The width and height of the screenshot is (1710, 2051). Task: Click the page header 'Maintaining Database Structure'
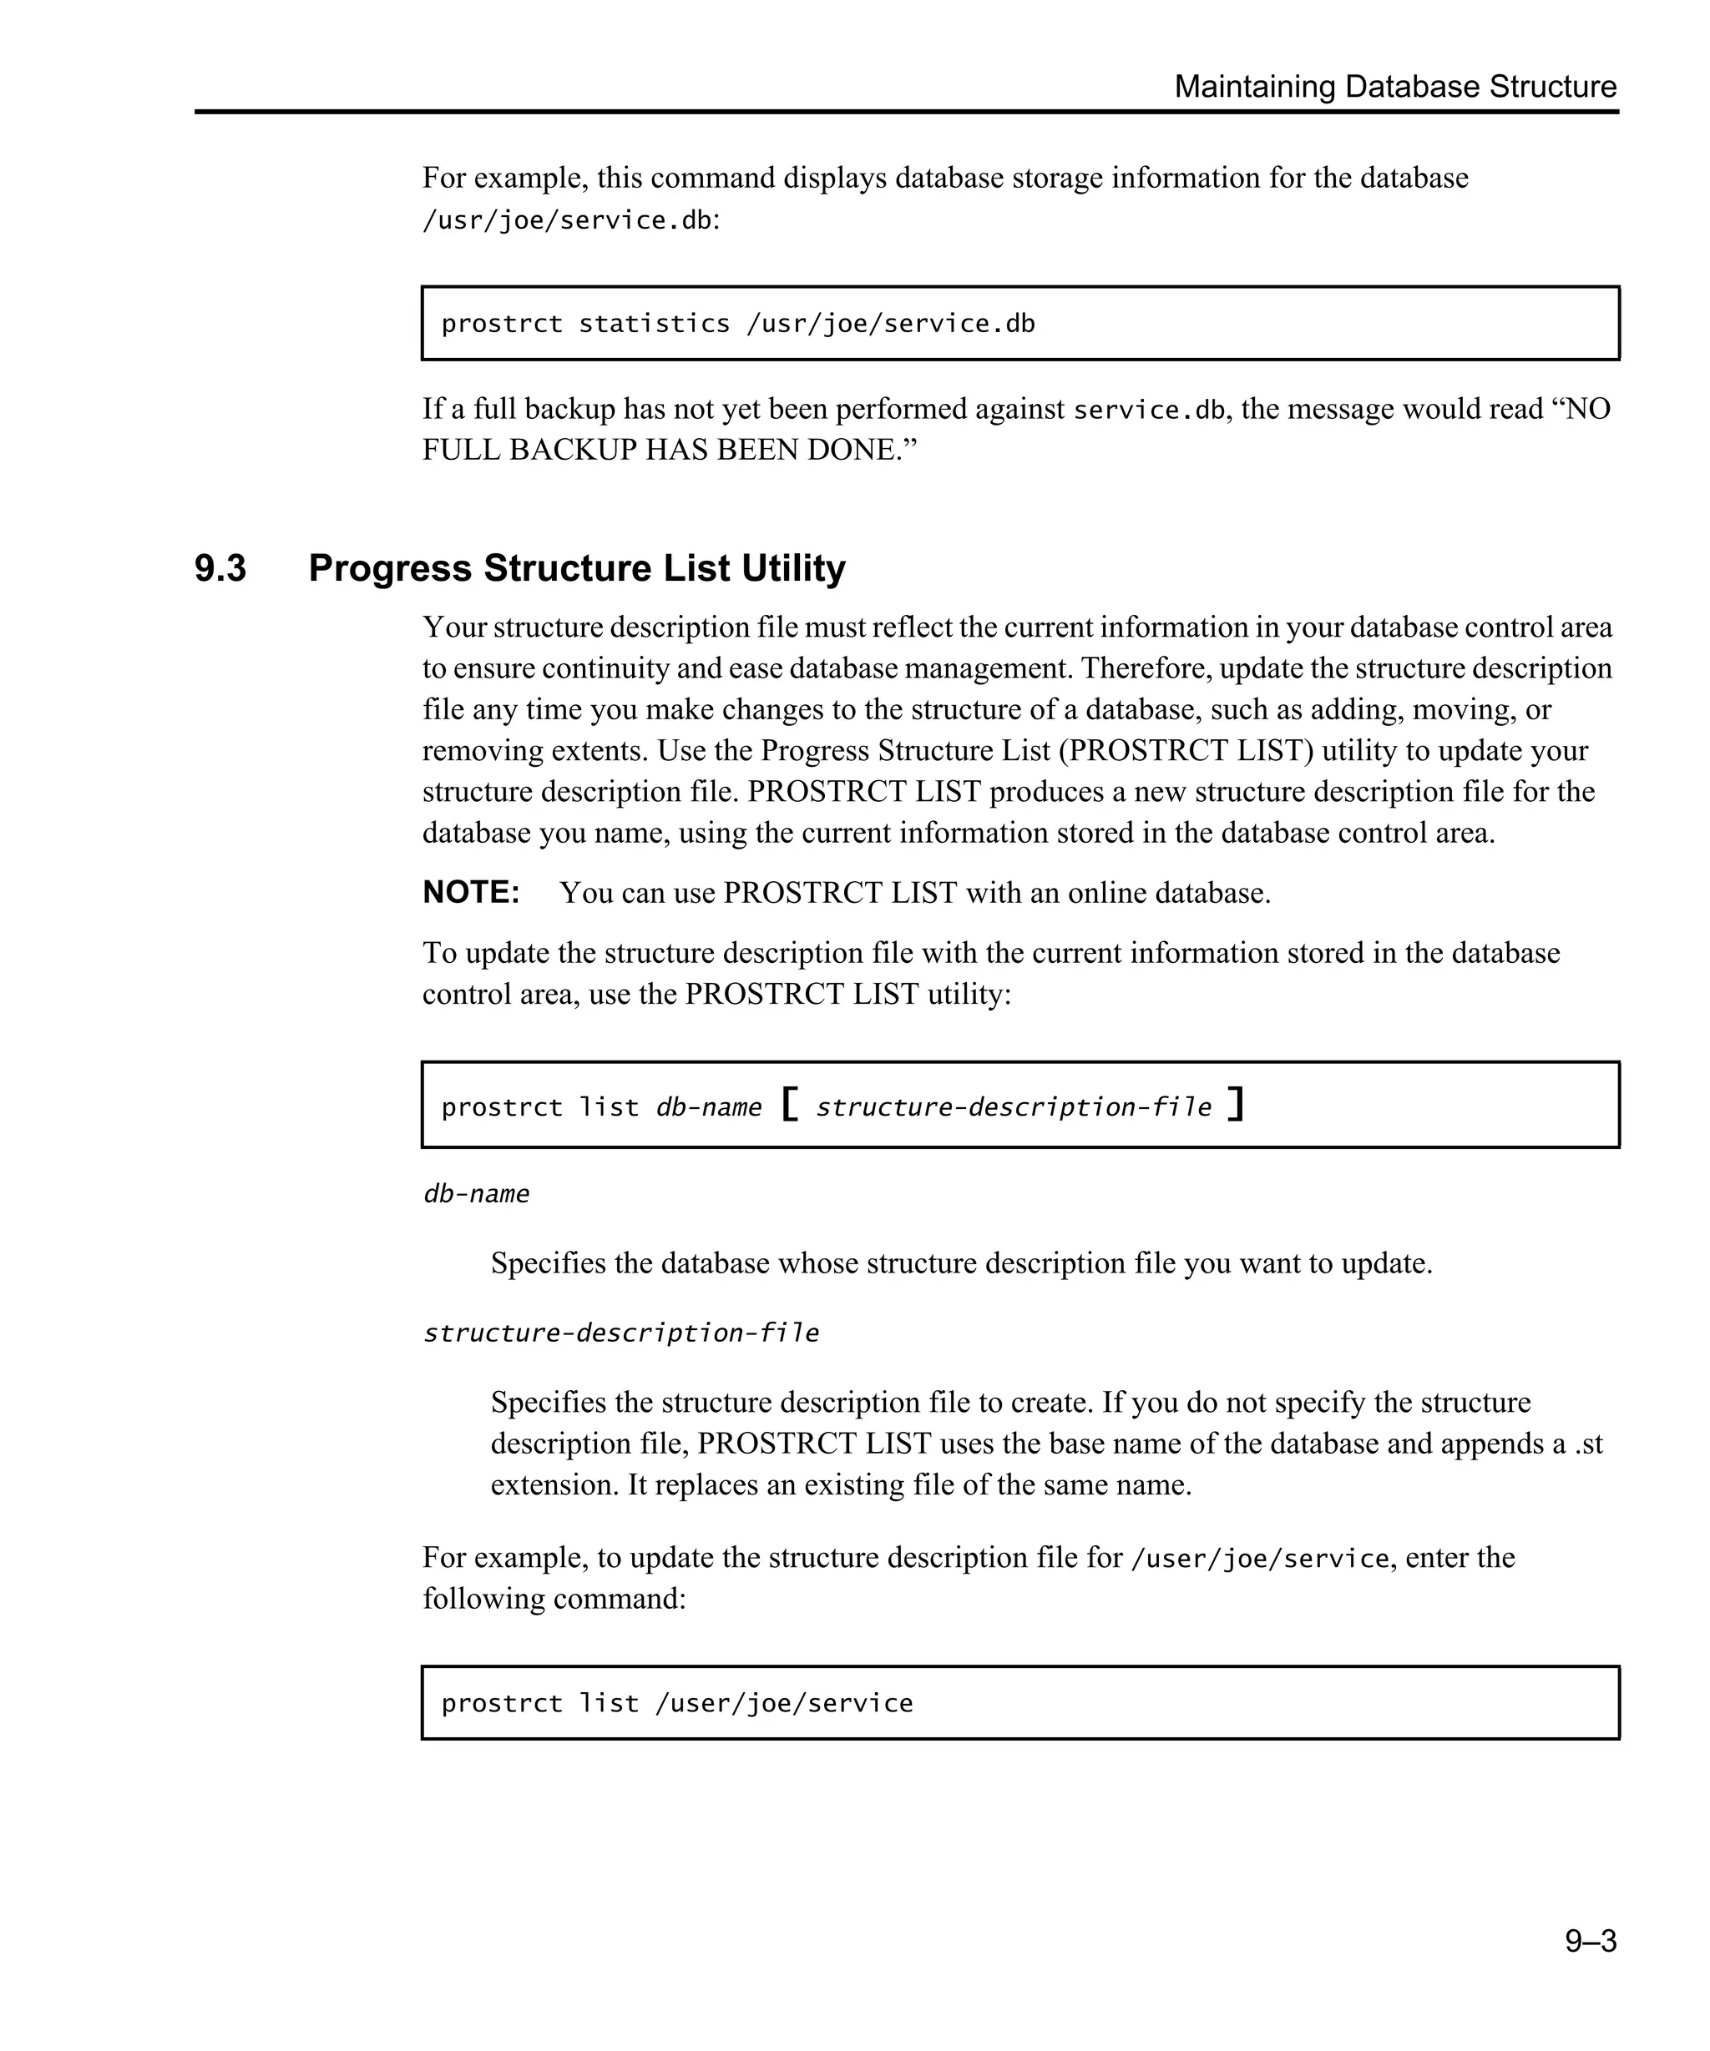pos(1394,87)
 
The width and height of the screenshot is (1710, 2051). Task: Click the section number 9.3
pos(220,568)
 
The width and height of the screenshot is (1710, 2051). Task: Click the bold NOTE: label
pos(471,893)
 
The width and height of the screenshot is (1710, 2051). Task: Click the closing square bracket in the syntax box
pos(1236,1105)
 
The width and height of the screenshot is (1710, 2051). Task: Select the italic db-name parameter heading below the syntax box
pos(476,1194)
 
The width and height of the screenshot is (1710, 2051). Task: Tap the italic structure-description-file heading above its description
pos(620,1333)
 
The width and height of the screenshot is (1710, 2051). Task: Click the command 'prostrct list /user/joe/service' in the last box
pos(676,1703)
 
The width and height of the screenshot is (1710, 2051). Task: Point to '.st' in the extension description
pos(1589,1444)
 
